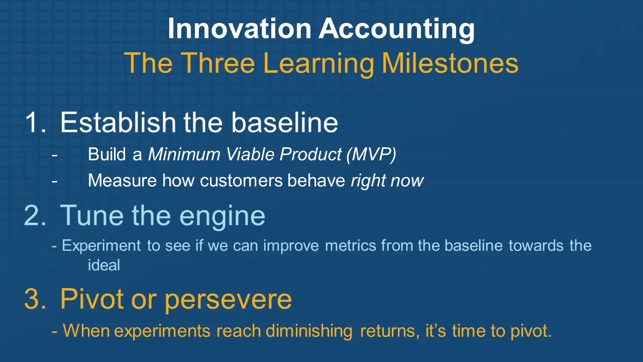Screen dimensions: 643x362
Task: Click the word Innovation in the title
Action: (240, 29)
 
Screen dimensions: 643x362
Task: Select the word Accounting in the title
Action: (397, 30)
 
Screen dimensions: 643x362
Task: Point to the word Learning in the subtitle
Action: (318, 64)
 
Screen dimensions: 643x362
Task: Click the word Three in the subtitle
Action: (218, 63)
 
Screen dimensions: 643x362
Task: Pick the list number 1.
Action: (35, 123)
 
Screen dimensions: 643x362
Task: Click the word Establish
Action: (118, 122)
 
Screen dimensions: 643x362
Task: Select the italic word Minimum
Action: (184, 154)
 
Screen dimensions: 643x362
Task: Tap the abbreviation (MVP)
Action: (371, 155)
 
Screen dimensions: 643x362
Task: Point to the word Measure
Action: (122, 180)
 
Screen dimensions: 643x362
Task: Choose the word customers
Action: (242, 180)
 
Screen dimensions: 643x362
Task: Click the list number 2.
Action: (35, 215)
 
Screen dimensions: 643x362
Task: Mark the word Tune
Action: (92, 215)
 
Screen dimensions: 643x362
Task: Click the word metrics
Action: (350, 246)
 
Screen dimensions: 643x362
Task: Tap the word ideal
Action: (104, 265)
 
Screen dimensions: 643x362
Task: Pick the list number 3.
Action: (35, 299)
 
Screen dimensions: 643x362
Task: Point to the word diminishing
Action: (309, 331)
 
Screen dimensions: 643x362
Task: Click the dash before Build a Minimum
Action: (55, 155)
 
